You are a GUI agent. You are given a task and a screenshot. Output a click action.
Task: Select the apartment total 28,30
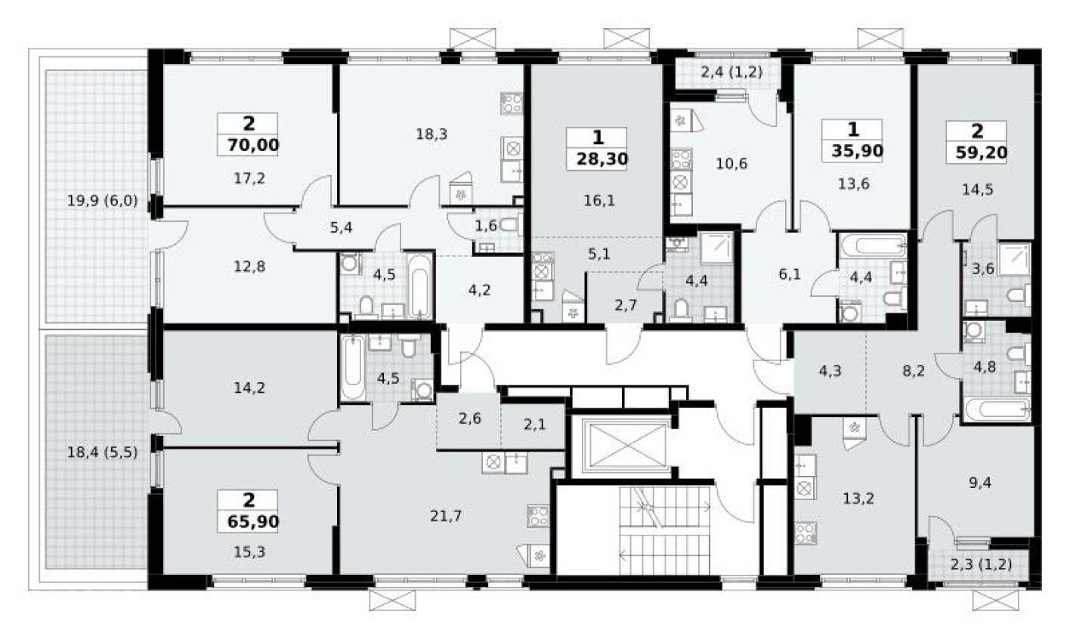click(x=598, y=159)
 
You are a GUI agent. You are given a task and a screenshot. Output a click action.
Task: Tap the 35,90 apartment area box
click(x=853, y=150)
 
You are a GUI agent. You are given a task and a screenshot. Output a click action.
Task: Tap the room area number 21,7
click(x=446, y=516)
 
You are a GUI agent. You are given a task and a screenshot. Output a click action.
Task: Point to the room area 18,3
click(x=431, y=134)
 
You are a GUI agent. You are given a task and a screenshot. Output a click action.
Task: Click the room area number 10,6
click(x=731, y=162)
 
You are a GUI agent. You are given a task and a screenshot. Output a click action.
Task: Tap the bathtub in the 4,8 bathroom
click(x=997, y=409)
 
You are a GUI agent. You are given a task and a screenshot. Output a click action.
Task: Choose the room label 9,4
click(x=978, y=482)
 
